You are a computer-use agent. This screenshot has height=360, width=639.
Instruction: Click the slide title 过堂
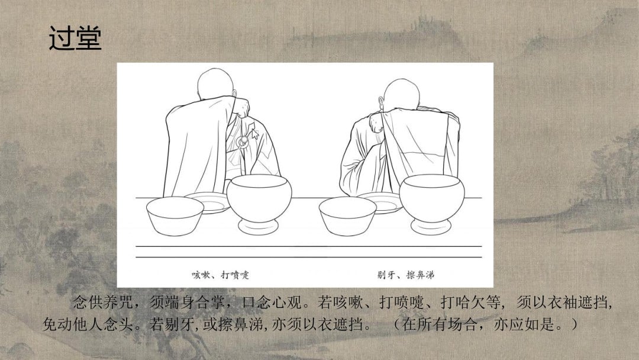(x=75, y=39)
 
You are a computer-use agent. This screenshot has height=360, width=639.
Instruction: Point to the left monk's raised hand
(x=242, y=106)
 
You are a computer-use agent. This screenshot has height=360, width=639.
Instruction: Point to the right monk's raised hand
(x=375, y=121)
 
